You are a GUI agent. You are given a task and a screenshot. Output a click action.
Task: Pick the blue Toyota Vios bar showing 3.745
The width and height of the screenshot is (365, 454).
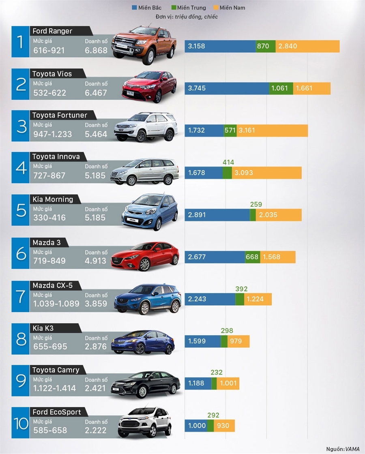(226, 88)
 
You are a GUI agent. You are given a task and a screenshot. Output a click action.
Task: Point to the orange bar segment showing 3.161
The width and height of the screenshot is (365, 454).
(272, 131)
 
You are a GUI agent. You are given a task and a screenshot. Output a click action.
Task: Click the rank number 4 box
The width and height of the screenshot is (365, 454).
(20, 168)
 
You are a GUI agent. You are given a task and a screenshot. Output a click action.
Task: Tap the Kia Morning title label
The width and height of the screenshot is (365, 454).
(53, 199)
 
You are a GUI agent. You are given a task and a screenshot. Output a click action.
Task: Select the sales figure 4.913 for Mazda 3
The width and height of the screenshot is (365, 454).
(96, 261)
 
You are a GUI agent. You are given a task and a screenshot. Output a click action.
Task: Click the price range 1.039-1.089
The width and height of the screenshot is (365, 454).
(56, 304)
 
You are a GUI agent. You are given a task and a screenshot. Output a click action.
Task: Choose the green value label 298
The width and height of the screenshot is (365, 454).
(227, 331)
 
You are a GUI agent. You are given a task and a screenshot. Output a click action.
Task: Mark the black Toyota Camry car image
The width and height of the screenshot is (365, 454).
(145, 383)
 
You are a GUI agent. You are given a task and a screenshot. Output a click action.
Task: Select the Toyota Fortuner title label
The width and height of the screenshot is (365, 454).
(60, 115)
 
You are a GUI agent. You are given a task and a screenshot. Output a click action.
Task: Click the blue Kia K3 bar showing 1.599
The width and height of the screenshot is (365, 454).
(202, 341)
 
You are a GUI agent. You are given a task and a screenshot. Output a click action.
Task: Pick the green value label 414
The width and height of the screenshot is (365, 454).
(229, 162)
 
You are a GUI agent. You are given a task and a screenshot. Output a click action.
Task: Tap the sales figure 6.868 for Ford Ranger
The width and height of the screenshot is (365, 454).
(96, 51)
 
